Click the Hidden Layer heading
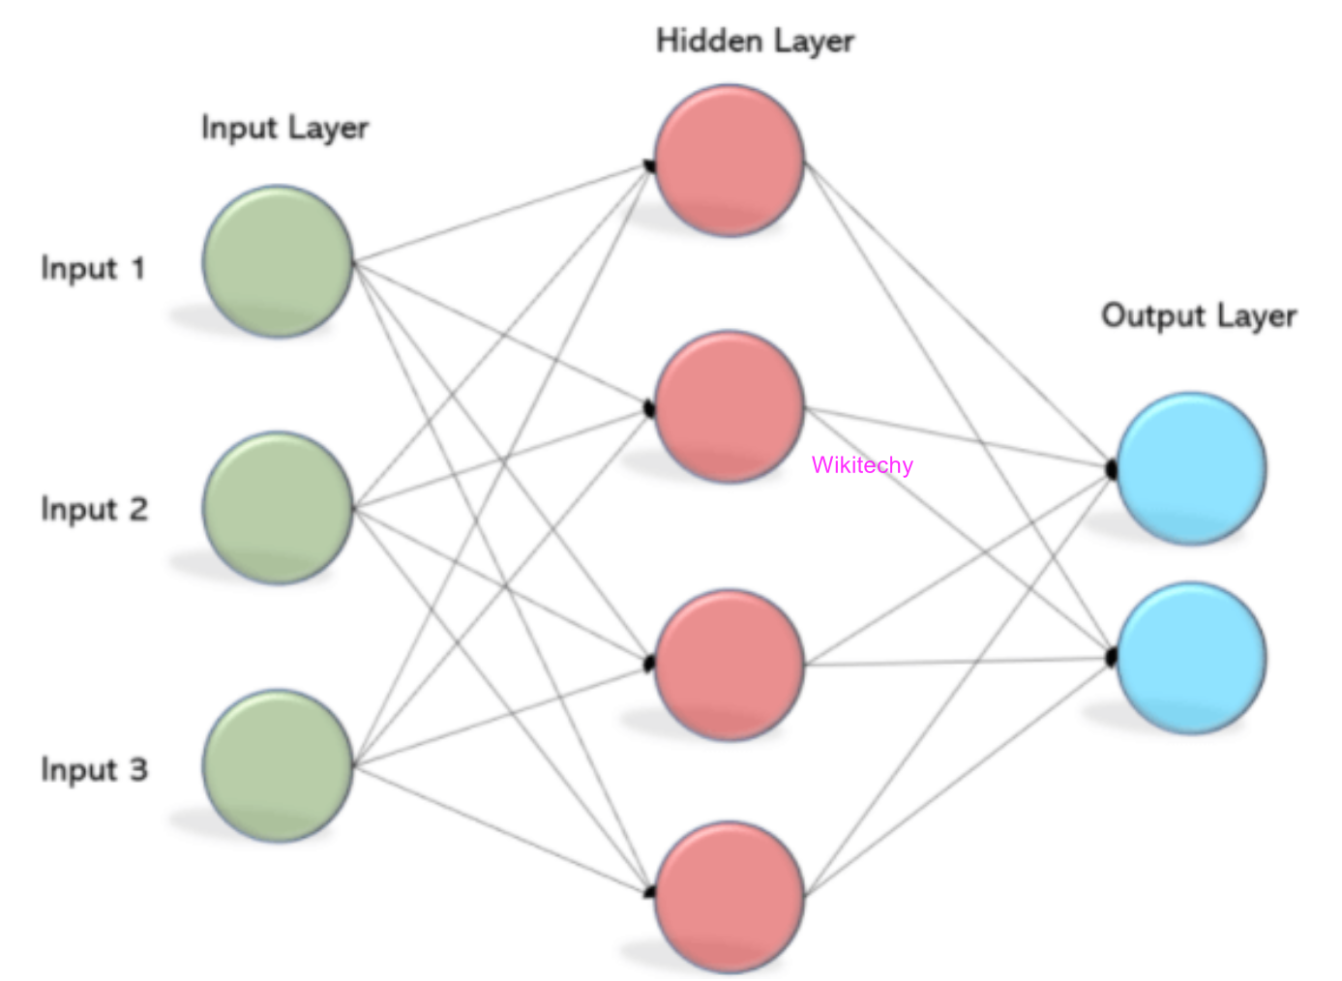[755, 42]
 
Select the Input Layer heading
[284, 129]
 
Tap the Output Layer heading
[1198, 316]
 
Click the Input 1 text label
[93, 268]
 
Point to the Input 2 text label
[94, 509]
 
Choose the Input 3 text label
[94, 770]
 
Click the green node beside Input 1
[278, 261]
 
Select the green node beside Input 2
[278, 507]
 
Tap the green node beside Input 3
[278, 765]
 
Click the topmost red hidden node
[730, 160]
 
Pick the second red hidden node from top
[730, 406]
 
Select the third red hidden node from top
[730, 665]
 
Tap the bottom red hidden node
[730, 896]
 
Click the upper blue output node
[1191, 467]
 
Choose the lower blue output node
[1191, 658]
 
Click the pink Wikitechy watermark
[862, 465]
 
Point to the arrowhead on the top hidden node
[649, 165]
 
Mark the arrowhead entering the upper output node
[1112, 470]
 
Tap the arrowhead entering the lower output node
[1112, 658]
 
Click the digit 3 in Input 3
[138, 770]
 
